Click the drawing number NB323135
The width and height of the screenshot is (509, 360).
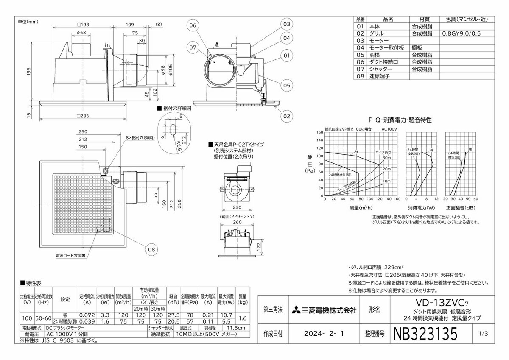coord(425,334)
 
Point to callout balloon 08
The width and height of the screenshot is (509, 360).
coord(151,250)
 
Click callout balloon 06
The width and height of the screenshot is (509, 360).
coord(193,25)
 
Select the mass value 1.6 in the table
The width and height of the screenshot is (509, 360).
coord(243,318)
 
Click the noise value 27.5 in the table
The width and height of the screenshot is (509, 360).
coord(173,315)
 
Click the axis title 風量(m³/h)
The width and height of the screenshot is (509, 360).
coord(361,208)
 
